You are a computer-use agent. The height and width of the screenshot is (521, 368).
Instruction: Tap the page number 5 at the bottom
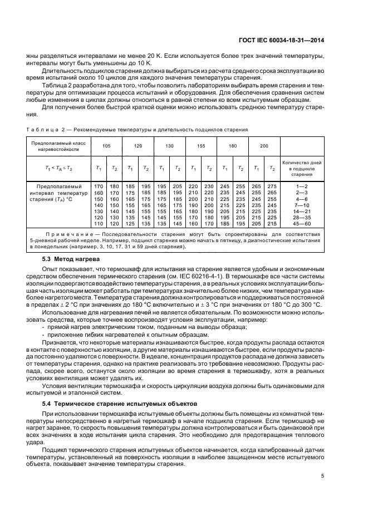pyautogui.click(x=323, y=476)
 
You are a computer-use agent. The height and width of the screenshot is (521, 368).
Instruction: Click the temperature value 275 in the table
pyautogui.click(x=272, y=185)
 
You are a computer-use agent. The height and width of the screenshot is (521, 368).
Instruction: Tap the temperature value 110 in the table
pyautogui.click(x=98, y=223)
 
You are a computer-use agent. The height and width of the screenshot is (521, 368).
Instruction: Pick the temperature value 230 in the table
pyautogui.click(x=209, y=185)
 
